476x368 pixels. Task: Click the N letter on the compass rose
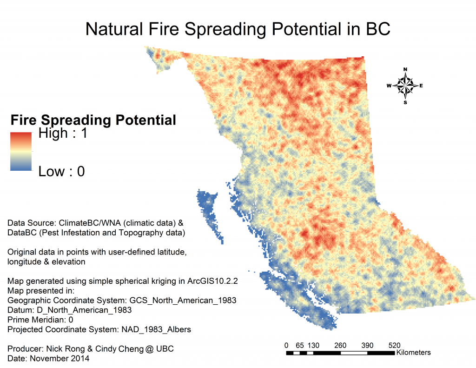pos(405,69)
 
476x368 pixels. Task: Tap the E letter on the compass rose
pos(421,86)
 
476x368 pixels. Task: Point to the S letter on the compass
pos(405,103)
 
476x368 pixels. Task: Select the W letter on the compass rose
pos(389,86)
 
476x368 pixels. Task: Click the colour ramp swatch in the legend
pos(21,151)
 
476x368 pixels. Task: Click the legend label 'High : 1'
pos(63,133)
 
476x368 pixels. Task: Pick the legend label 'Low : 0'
pos(61,171)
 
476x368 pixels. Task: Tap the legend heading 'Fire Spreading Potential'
pos(93,120)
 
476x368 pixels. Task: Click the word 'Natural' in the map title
pos(114,29)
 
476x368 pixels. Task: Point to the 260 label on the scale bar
pos(340,346)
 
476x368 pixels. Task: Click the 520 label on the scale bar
pos(394,346)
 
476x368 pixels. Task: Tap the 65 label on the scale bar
pos(300,346)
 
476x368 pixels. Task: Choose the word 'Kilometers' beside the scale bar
pos(413,353)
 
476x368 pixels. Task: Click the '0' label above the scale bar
pos(286,346)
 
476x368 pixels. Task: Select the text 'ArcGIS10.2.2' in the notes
pos(212,281)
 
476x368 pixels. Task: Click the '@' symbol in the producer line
pos(149,349)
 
